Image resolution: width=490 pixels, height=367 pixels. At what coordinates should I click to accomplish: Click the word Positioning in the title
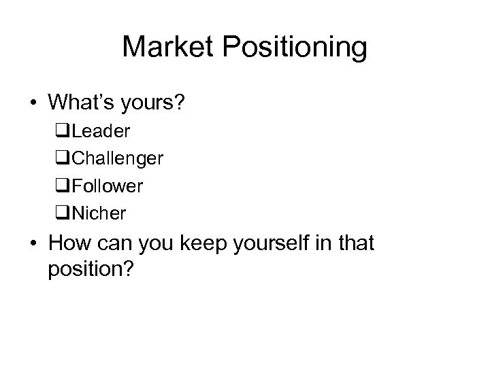click(295, 48)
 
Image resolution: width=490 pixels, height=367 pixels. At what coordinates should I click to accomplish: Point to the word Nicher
click(99, 213)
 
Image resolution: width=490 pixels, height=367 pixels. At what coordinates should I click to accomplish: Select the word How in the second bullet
click(69, 243)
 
